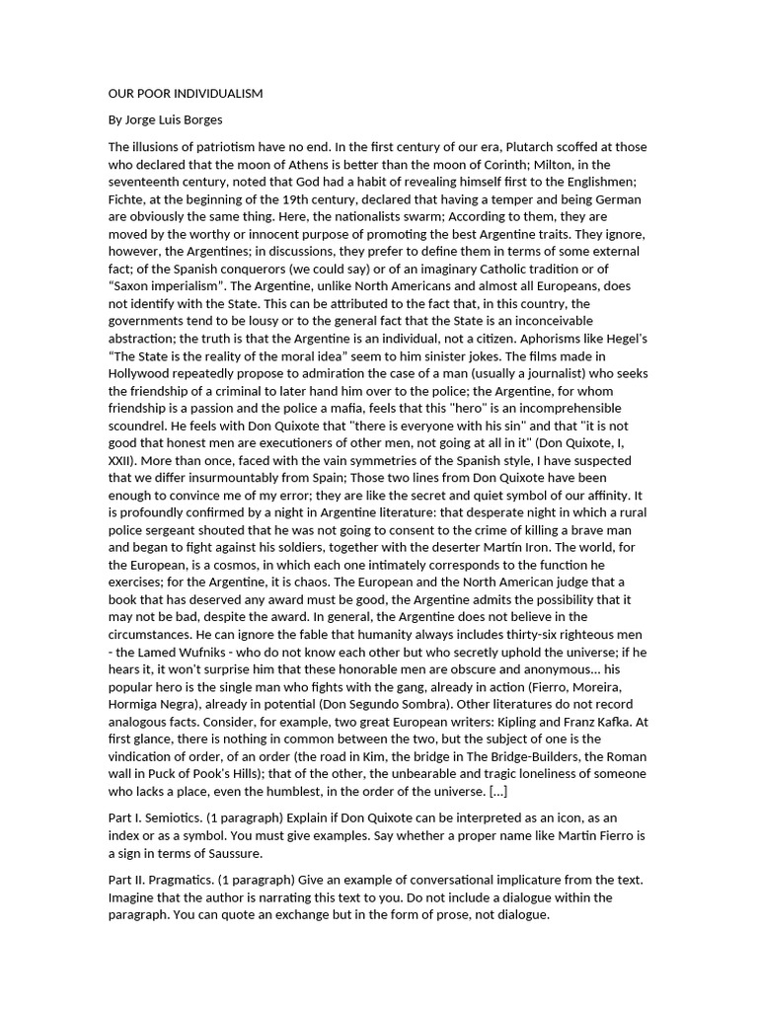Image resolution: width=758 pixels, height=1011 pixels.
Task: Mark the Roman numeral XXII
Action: click(123, 460)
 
